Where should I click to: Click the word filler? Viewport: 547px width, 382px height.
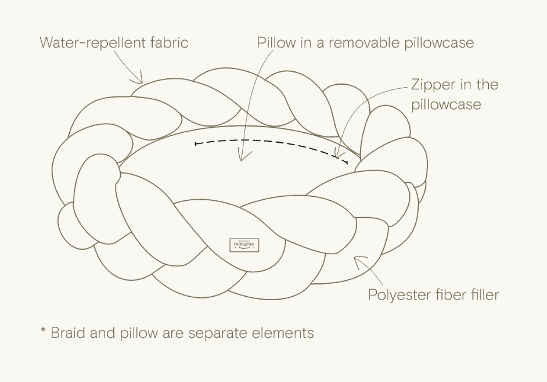[483, 295]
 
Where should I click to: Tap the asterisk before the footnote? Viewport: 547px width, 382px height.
[43, 332]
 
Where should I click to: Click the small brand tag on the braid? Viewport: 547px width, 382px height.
[244, 246]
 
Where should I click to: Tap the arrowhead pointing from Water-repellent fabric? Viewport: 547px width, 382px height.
[139, 81]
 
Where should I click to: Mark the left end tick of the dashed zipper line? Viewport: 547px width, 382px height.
[196, 142]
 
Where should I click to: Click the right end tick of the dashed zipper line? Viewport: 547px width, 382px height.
[347, 162]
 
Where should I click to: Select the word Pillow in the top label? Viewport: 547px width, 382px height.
[275, 42]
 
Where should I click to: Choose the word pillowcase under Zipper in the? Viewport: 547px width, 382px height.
[446, 105]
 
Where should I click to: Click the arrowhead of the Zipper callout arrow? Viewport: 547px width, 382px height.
[337, 156]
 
